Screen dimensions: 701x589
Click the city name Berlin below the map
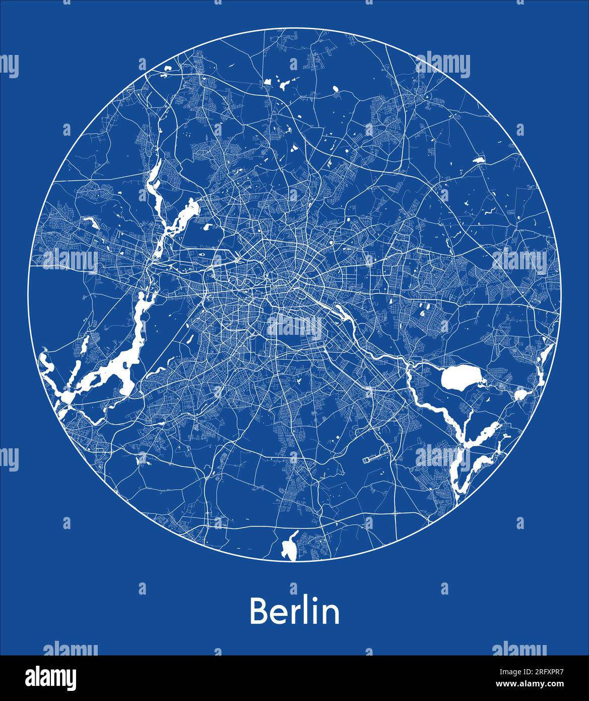pos(294,611)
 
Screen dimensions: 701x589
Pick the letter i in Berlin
pos(314,611)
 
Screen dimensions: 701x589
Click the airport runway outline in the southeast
pos(373,458)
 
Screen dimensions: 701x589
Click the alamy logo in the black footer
pos(50,678)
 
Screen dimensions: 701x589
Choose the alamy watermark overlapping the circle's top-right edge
pos(444,66)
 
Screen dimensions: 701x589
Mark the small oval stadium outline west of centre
pos(203,254)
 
